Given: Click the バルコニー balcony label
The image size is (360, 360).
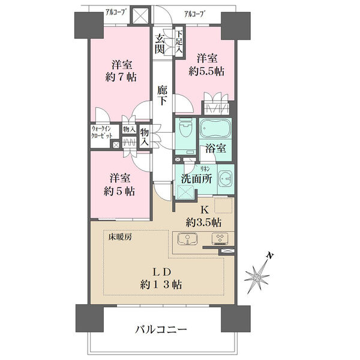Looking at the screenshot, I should point(160,329).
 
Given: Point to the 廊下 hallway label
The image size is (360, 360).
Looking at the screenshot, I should point(162,96).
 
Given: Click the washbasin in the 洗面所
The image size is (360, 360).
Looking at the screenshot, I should point(226,179).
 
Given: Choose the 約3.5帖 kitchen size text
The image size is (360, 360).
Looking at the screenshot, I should point(203,221).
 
